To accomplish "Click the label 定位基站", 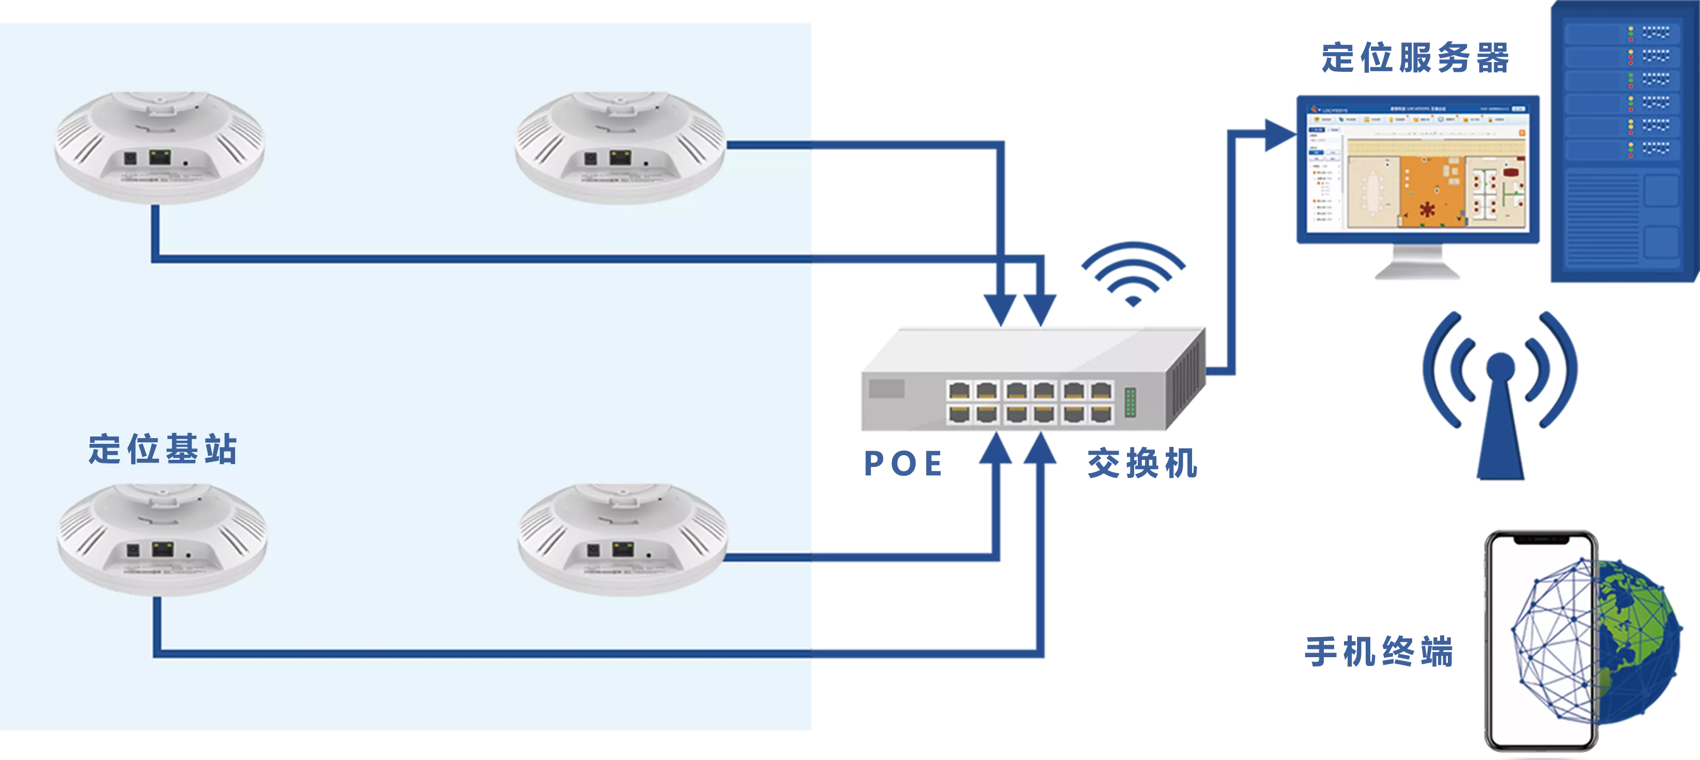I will click(162, 449).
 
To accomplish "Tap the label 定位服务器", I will click(1415, 57).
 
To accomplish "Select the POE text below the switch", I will click(903, 464).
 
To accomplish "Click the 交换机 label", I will click(1142, 463).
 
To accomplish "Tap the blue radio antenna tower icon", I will click(1500, 396).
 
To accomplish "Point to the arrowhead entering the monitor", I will click(1276, 136).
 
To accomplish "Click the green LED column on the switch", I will click(1131, 402).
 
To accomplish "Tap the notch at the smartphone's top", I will click(1540, 539).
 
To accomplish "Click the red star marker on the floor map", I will click(1428, 210).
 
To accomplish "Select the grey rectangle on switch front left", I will click(886, 389).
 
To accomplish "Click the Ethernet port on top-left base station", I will click(160, 158).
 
